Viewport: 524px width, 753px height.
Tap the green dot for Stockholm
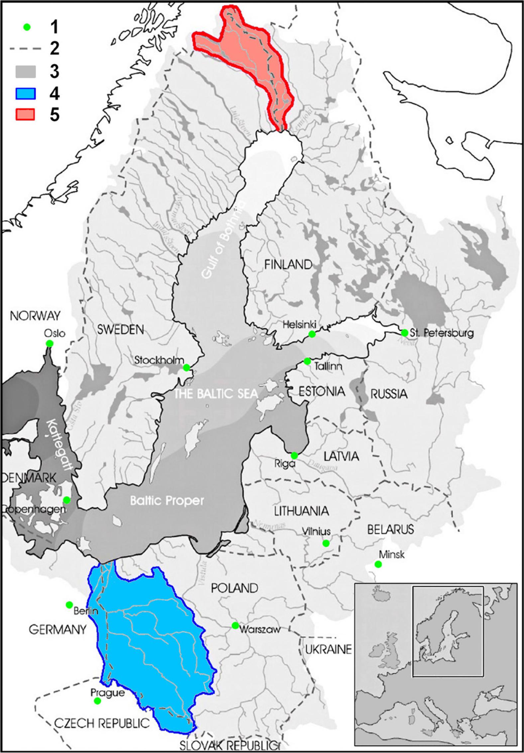[x=186, y=368]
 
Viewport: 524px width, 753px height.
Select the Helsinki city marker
[x=312, y=334]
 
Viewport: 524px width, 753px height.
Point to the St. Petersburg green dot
[x=404, y=333]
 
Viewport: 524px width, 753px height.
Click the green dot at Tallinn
[x=307, y=361]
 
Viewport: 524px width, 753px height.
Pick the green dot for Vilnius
[x=326, y=543]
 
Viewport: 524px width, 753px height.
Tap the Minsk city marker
[x=378, y=564]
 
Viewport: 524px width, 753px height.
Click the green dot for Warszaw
[x=235, y=625]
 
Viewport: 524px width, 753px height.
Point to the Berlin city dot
[x=69, y=604]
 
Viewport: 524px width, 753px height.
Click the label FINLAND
[x=288, y=265]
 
